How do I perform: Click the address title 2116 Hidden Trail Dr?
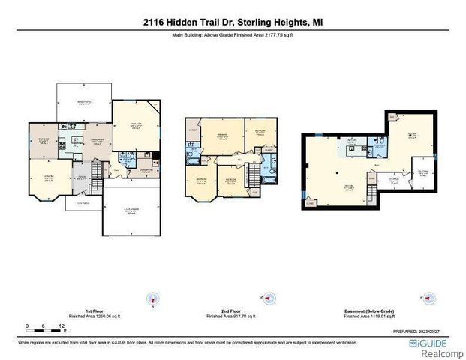(x=233, y=21)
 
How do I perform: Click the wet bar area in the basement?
(x=351, y=145)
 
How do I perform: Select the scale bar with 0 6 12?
(x=45, y=327)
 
